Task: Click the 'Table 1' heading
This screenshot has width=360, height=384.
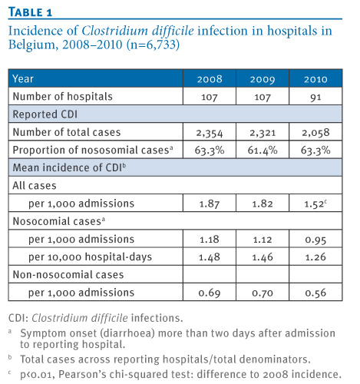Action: [x=30, y=12]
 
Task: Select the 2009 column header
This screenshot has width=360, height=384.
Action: [x=263, y=79]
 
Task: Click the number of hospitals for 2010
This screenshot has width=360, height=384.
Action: [x=315, y=98]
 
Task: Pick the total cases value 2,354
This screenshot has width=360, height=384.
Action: [x=210, y=133]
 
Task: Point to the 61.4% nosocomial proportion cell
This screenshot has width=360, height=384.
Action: [x=263, y=151]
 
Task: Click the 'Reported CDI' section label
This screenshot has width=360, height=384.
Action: [x=45, y=114]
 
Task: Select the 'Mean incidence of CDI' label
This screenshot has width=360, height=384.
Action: [x=69, y=167]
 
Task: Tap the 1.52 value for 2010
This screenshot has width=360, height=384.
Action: [x=315, y=204]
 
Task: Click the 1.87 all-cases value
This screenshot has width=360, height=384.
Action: [x=210, y=204]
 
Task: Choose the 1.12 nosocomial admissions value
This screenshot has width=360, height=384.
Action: [x=263, y=240]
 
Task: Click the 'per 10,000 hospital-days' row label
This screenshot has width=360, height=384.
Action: [x=90, y=257]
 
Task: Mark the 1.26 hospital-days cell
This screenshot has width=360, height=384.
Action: [x=315, y=257]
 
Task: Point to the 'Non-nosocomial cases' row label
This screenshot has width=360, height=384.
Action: [x=68, y=274]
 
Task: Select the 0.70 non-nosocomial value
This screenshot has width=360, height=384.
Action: [x=263, y=293]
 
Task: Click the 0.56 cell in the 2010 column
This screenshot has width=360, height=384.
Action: [x=315, y=293]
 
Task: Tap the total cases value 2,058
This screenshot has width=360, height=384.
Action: [x=315, y=133]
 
